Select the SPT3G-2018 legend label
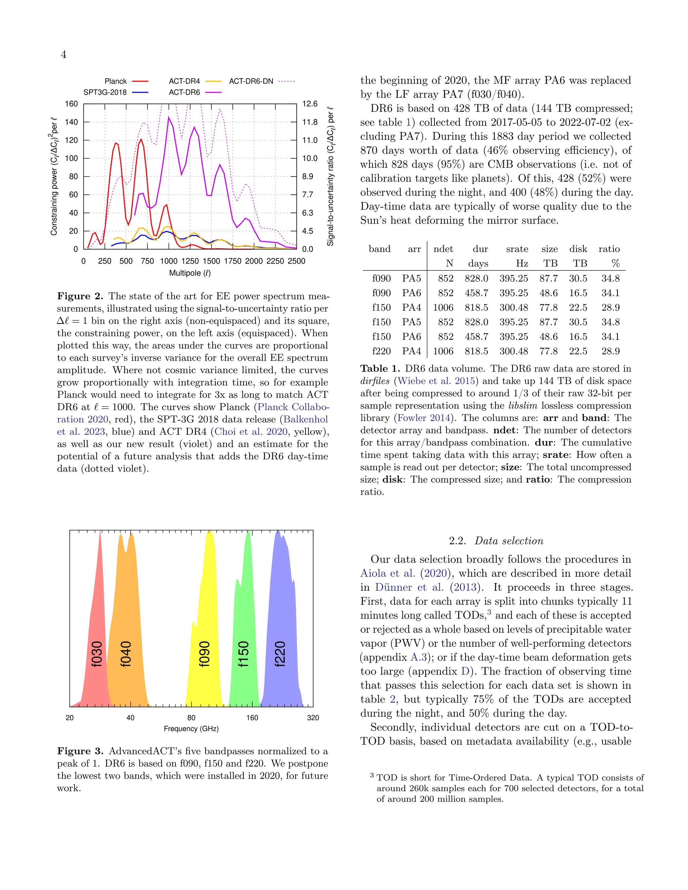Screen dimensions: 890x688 (105, 92)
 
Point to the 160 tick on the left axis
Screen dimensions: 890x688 (71, 104)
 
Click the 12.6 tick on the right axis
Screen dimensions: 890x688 (310, 104)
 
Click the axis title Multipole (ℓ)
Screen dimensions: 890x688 (190, 273)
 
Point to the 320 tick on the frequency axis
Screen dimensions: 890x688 (313, 718)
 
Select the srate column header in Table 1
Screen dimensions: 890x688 (517, 249)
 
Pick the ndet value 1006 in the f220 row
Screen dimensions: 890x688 (443, 351)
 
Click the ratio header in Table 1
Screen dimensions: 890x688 (609, 249)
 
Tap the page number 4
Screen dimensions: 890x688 (63, 55)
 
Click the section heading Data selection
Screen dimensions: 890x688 (509, 541)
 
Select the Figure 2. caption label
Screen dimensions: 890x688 (80, 296)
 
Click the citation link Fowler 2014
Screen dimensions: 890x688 (424, 418)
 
